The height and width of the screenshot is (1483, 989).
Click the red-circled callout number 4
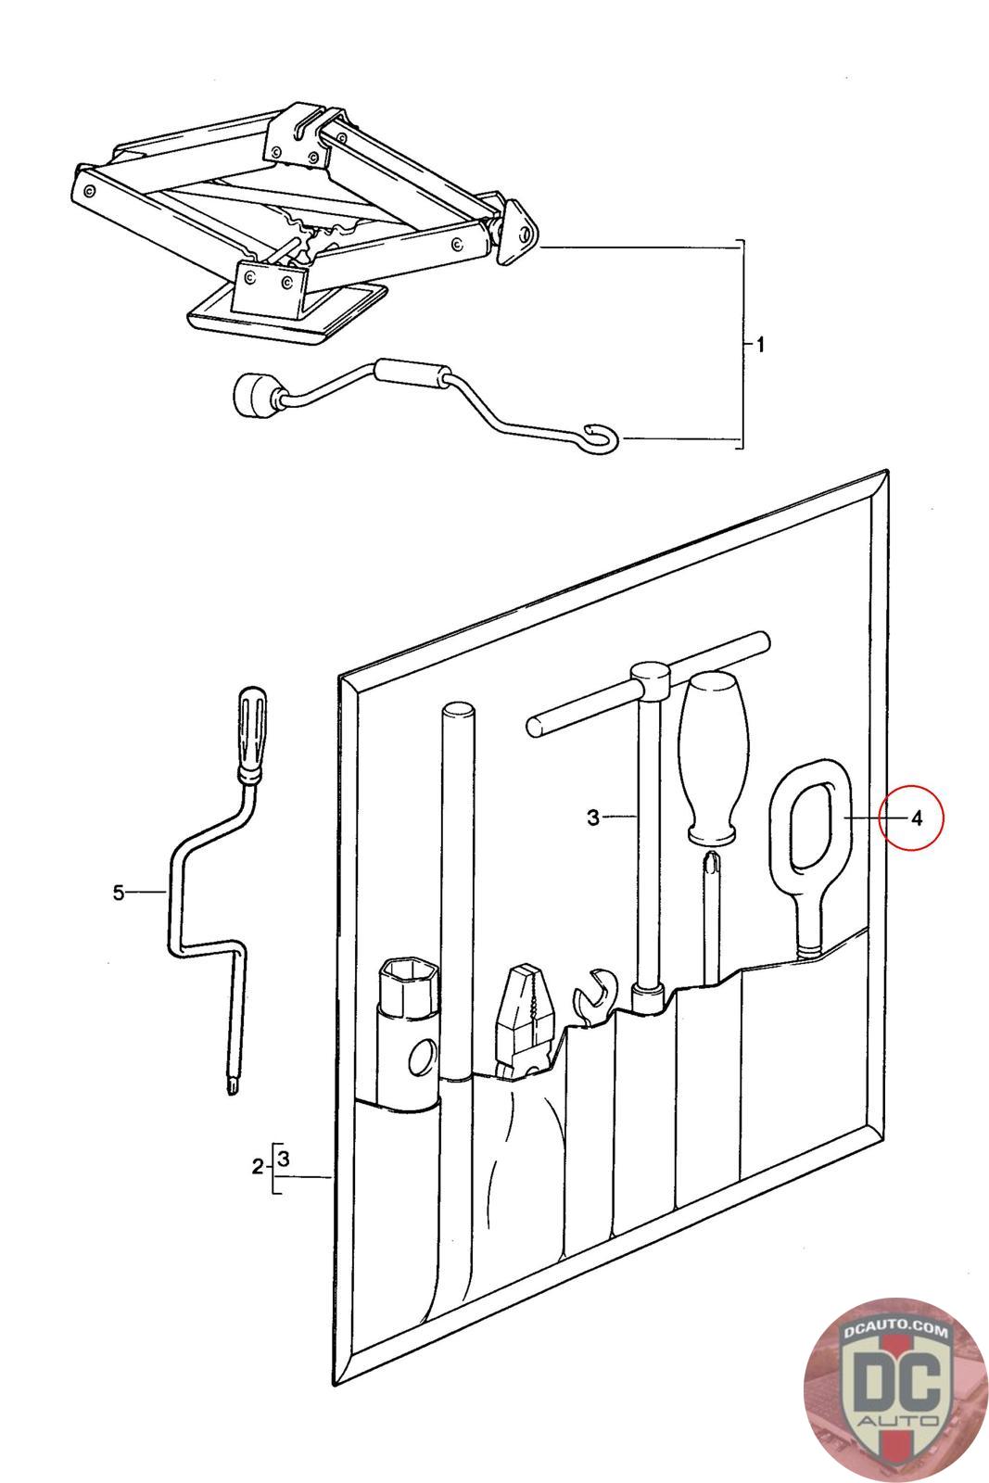916,818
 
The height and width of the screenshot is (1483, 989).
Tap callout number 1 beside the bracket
760,346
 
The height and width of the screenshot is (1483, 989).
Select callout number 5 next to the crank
118,893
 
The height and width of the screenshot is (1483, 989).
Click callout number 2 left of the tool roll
257,1167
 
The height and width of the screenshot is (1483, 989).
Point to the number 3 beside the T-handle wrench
593,818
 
